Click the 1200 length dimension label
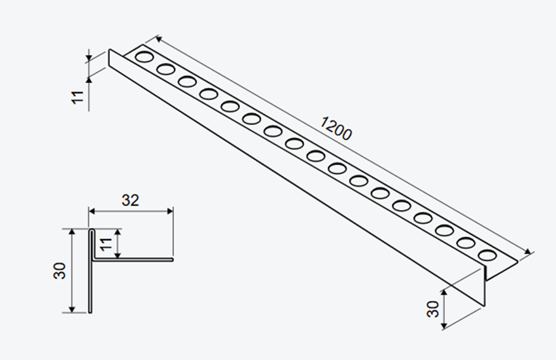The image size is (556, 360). pyautogui.click(x=336, y=128)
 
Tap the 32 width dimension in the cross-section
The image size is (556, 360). pyautogui.click(x=130, y=200)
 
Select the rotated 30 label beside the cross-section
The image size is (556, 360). pyautogui.click(x=60, y=270)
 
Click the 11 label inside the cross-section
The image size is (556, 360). pyautogui.click(x=106, y=244)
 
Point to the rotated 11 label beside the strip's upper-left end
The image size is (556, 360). pyautogui.click(x=77, y=97)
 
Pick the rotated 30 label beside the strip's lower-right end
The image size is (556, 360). pyautogui.click(x=433, y=309)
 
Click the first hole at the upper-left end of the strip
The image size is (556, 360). pyautogui.click(x=145, y=56)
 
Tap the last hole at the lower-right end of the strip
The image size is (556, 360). pyautogui.click(x=487, y=255)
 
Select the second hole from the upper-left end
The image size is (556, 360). pyautogui.click(x=165, y=69)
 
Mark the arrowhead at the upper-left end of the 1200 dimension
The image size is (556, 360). pyautogui.click(x=158, y=39)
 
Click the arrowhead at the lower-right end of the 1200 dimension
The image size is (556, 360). pyautogui.click(x=529, y=252)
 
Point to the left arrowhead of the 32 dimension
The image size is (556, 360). pyautogui.click(x=92, y=211)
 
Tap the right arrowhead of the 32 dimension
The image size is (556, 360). pyautogui.click(x=170, y=211)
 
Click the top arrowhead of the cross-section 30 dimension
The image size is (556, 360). pyautogui.click(x=72, y=232)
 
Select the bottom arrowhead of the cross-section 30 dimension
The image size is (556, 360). pyautogui.click(x=72, y=310)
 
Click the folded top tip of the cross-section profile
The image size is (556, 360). pyautogui.click(x=92, y=230)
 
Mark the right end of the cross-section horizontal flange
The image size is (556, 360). pyautogui.click(x=172, y=260)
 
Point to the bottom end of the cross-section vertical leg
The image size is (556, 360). pyautogui.click(x=90, y=312)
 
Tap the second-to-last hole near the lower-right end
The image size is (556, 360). pyautogui.click(x=466, y=243)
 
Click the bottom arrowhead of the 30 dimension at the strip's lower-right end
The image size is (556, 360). pyautogui.click(x=444, y=324)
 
